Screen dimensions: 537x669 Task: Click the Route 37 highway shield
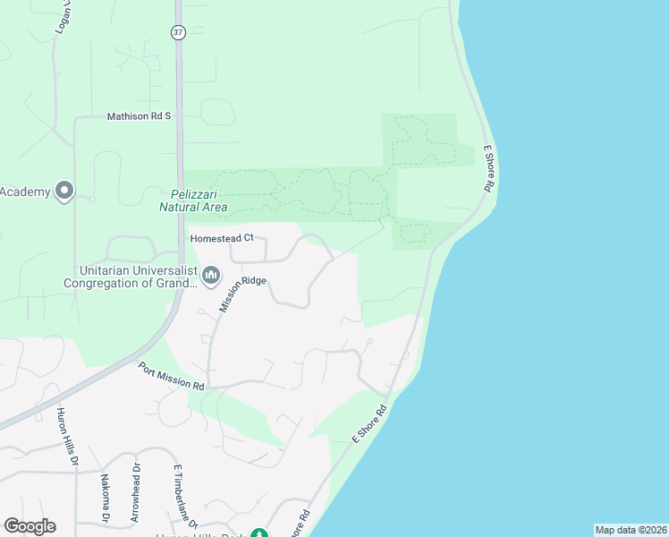179,31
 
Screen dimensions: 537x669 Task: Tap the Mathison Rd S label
139,116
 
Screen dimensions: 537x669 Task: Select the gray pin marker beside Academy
64,191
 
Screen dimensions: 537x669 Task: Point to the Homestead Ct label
223,238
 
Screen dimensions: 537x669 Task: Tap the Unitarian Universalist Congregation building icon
211,275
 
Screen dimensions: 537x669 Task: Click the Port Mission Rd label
172,376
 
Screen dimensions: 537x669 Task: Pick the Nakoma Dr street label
105,497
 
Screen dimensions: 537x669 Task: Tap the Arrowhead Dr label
136,491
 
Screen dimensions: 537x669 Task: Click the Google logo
30,526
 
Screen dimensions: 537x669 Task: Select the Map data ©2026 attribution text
631,530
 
